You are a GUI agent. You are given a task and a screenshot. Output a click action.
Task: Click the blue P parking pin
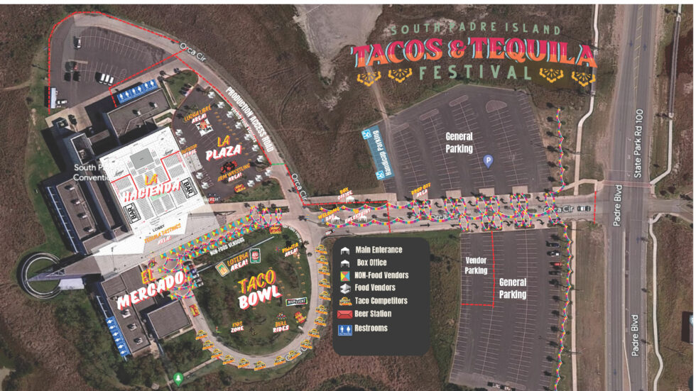(488, 161)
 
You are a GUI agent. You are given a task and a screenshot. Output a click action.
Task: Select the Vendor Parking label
(476, 265)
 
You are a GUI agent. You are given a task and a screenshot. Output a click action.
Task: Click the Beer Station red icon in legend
(344, 314)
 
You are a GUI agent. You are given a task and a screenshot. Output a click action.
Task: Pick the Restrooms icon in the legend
(344, 329)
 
